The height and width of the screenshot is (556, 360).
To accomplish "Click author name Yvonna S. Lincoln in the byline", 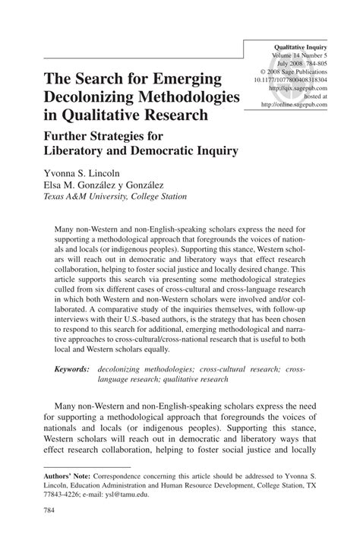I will (x=84, y=173).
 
